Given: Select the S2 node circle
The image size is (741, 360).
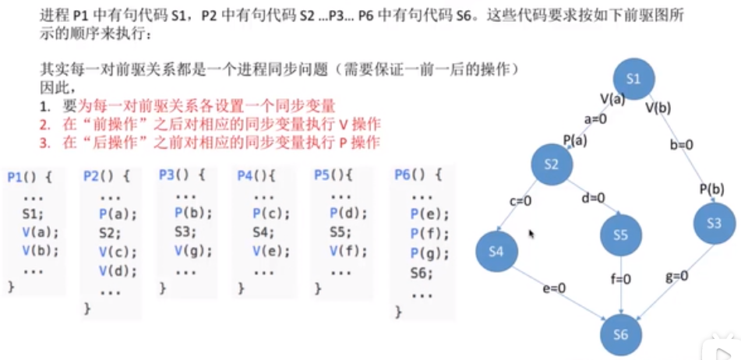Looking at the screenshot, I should (552, 164).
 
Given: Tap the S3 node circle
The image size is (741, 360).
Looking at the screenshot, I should (714, 223).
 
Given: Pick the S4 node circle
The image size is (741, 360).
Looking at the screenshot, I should (497, 250).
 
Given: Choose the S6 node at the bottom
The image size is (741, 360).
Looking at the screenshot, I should (621, 334).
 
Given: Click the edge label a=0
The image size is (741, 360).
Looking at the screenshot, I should (596, 120).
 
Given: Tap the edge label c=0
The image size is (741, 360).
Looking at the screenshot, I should (520, 200).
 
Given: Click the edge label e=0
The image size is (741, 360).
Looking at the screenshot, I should (554, 289).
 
